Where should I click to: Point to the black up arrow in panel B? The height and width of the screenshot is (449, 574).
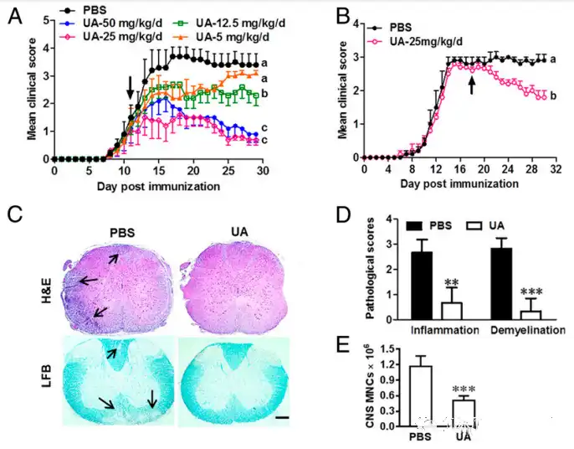(472, 85)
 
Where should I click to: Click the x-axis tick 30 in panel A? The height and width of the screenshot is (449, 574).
(262, 171)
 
